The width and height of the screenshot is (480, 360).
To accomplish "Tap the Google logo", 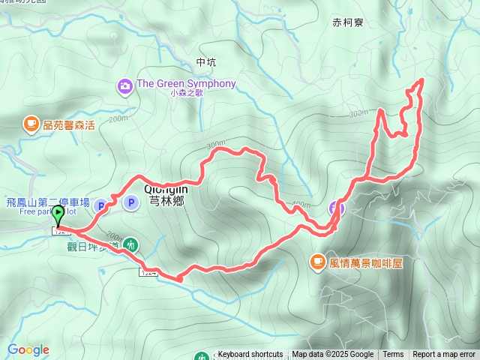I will point(28,349).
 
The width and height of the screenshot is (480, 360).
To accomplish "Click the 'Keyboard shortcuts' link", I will point(250,355).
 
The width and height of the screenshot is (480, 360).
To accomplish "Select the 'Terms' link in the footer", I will point(393,355).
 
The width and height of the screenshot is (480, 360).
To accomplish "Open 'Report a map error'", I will point(444,355).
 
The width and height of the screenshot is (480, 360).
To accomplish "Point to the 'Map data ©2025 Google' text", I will point(332,355).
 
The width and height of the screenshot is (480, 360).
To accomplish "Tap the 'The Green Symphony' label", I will point(187,84).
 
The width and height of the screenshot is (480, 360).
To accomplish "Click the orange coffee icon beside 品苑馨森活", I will point(31,124).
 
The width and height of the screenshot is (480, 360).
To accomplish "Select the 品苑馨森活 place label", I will point(68,124).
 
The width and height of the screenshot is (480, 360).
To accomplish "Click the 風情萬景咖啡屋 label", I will point(364,262).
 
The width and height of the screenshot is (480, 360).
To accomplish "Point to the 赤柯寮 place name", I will point(347,23).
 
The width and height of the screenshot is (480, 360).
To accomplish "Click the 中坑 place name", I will point(205,61).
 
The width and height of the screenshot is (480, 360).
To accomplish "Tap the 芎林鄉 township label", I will point(165,200).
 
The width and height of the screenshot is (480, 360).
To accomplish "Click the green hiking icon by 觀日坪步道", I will point(131,244).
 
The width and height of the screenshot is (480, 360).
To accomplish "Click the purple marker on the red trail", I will point(337,208).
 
